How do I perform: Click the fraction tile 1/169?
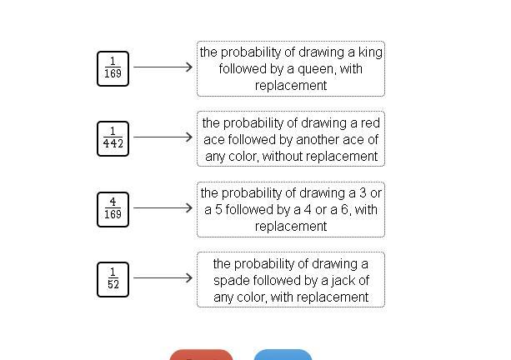113,67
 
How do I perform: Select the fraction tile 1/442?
113,137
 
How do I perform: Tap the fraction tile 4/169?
113,208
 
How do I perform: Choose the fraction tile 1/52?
113,278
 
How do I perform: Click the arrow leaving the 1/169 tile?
163,67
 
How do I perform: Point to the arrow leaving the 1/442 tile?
163,137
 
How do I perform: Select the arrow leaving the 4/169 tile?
163,207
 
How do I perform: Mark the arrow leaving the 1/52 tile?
163,277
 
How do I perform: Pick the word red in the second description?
368,123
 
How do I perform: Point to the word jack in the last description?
333,280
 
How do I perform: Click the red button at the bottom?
201,356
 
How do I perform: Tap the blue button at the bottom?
283,356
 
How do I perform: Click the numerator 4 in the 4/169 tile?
113,202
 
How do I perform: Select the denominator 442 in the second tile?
113,144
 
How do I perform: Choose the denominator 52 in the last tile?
113,285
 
